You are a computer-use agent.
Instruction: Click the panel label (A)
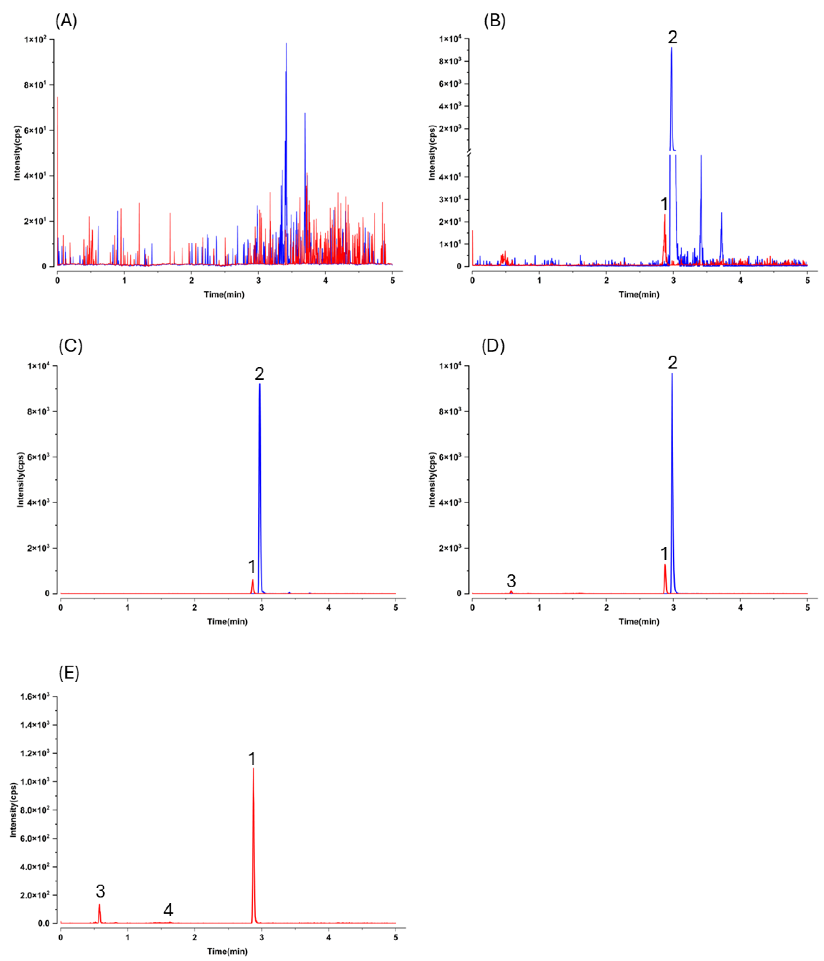(x=66, y=21)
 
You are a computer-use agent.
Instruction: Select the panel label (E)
(x=69, y=673)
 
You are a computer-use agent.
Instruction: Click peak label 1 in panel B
(x=664, y=204)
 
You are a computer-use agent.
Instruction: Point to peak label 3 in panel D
(x=511, y=581)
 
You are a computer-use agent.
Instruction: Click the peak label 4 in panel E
(x=168, y=910)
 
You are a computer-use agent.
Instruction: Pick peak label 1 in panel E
(x=252, y=759)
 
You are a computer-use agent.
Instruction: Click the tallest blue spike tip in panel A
(x=286, y=44)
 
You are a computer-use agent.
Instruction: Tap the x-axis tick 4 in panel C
(x=329, y=608)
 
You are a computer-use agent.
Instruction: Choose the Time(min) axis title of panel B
(x=638, y=295)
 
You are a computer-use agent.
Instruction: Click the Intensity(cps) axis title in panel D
(x=432, y=480)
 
